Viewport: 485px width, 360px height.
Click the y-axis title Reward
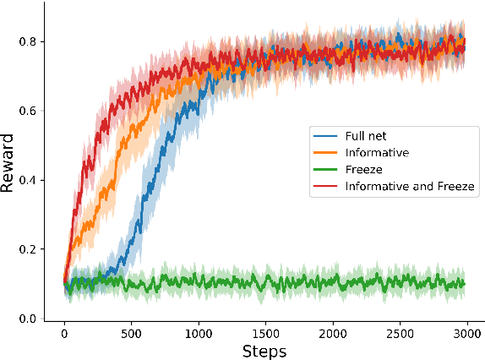(x=9, y=161)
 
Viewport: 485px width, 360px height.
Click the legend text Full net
(x=366, y=136)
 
